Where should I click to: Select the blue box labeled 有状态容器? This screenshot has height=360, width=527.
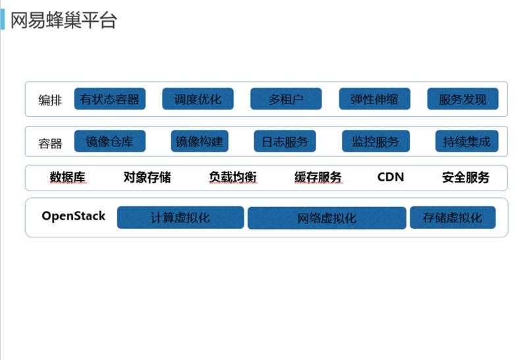(x=109, y=99)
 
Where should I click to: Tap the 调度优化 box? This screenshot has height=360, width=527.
(x=198, y=99)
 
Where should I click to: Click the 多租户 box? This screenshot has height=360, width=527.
(x=286, y=99)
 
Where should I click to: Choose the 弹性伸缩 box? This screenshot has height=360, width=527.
(x=374, y=99)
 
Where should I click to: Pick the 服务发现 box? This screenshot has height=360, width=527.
(x=462, y=99)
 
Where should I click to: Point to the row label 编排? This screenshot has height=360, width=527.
(x=50, y=100)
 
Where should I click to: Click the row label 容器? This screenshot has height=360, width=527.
(x=50, y=143)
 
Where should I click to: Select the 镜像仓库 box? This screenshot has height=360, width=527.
(x=109, y=141)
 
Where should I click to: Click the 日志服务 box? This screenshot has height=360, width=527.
(x=285, y=141)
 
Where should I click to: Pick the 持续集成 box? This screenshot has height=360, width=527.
(x=466, y=141)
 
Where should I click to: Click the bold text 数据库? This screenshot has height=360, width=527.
(x=67, y=177)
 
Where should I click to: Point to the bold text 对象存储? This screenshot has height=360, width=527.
(x=147, y=177)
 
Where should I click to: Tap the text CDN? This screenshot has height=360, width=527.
(x=391, y=177)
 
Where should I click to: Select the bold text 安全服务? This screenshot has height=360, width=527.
(x=466, y=177)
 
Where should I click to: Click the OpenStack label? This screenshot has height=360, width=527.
(x=73, y=216)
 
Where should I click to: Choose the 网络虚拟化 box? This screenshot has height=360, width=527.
(x=327, y=218)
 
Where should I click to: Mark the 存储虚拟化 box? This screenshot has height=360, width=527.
(x=453, y=218)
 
